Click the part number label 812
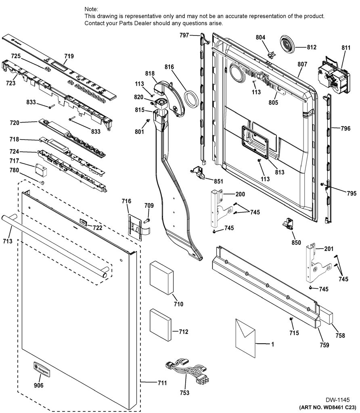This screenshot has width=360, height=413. [x=312, y=47]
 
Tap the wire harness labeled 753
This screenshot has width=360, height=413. [x=186, y=371]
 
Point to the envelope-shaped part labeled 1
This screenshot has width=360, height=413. [x=245, y=338]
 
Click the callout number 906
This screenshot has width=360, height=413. [x=38, y=385]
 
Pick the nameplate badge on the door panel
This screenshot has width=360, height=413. [x=42, y=369]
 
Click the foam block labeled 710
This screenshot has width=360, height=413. [x=162, y=278]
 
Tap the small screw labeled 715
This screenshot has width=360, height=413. [x=291, y=319]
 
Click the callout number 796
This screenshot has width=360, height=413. [x=345, y=128]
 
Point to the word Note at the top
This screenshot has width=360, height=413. [x=91, y=9]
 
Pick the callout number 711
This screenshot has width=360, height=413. [x=162, y=383]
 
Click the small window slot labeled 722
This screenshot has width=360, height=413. [x=82, y=222]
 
